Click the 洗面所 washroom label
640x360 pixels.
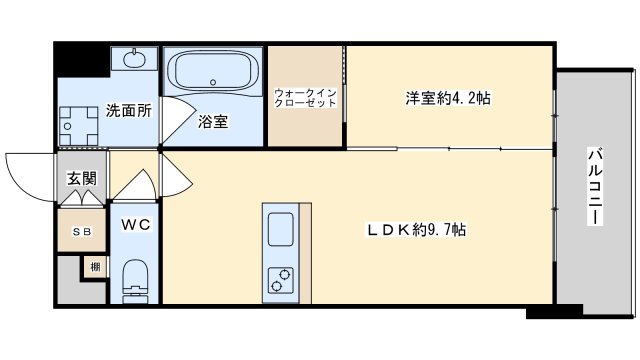point(129,110)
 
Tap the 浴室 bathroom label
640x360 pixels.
point(213,121)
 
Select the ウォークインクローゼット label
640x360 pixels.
point(305,98)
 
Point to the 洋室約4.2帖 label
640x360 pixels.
point(448,98)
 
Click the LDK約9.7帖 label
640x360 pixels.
point(416,229)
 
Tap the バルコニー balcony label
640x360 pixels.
point(596,186)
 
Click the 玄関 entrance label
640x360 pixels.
point(82,178)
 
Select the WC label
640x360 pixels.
point(136,224)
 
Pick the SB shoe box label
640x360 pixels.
point(82,232)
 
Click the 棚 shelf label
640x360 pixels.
point(95,267)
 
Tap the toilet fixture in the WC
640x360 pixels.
point(135,281)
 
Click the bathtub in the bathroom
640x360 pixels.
point(213,71)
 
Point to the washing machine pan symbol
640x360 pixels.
point(79,126)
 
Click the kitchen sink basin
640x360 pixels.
point(280,229)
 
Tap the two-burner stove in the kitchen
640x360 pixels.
point(280,280)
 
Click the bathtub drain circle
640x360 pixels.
point(213,82)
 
